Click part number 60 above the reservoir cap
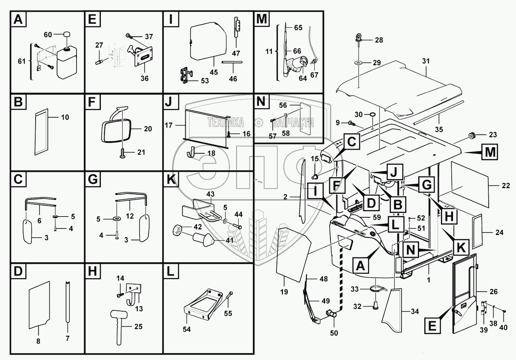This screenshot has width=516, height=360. (x=48, y=35)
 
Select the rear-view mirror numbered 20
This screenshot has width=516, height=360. (x=115, y=130)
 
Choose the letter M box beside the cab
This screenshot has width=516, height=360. (x=490, y=152)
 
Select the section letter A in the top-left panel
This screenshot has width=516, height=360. (x=18, y=19)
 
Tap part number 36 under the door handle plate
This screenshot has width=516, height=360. (x=144, y=78)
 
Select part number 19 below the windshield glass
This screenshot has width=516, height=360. (x=284, y=292)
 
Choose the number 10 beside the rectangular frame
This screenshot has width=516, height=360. (x=65, y=117)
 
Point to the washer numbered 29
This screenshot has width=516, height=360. (x=358, y=62)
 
